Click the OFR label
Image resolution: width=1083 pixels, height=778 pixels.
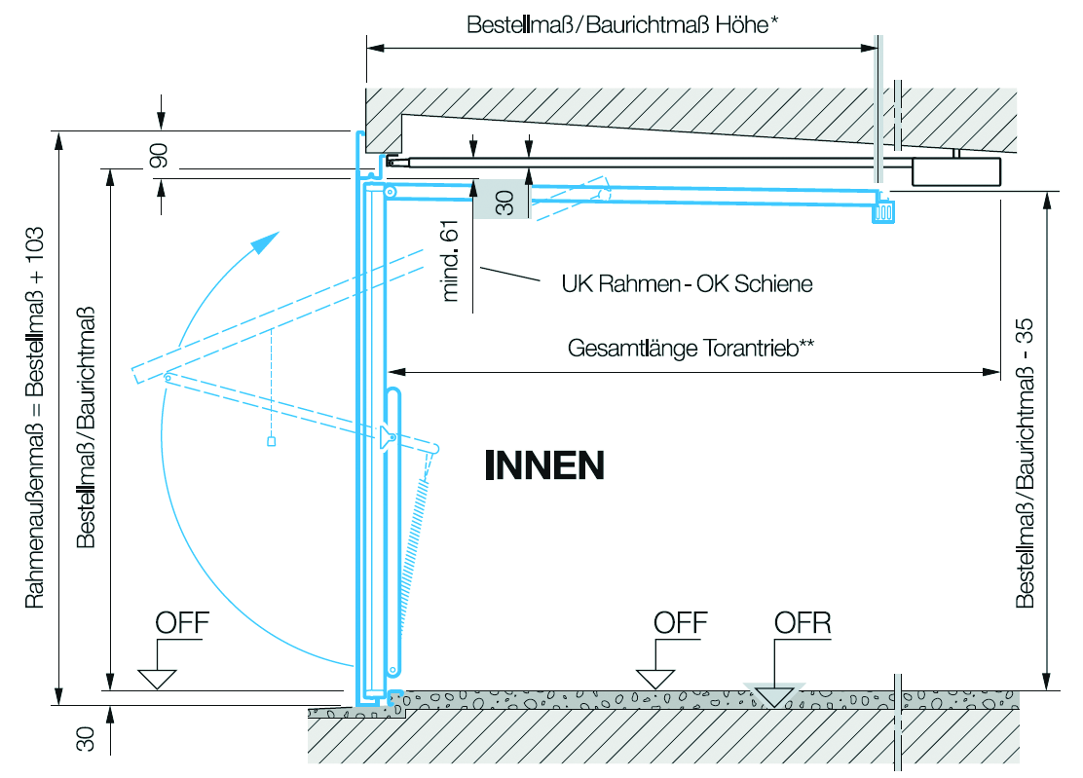click(803, 623)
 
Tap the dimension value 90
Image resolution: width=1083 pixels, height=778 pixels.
click(160, 156)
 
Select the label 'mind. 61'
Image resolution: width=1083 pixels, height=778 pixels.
click(450, 260)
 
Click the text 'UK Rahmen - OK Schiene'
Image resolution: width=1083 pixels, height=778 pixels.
click(687, 284)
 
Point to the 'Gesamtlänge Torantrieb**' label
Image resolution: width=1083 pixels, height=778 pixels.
click(691, 349)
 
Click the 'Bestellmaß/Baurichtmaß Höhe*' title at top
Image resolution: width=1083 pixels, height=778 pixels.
click(622, 24)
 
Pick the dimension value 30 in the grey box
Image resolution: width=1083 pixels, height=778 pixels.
click(504, 203)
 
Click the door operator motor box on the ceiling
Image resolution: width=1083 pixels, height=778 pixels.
click(954, 170)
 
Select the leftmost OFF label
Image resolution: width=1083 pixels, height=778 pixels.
click(182, 623)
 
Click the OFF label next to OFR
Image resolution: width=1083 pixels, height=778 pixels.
click(680, 623)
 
